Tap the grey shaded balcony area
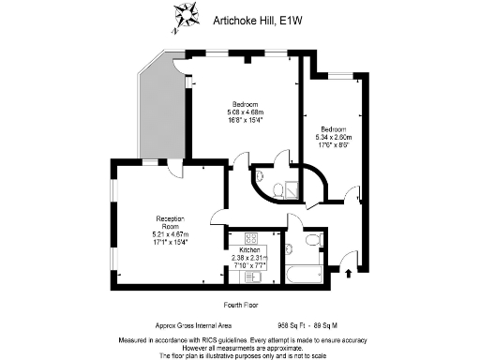pos(160,112)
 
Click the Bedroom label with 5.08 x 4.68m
pos(248,104)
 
